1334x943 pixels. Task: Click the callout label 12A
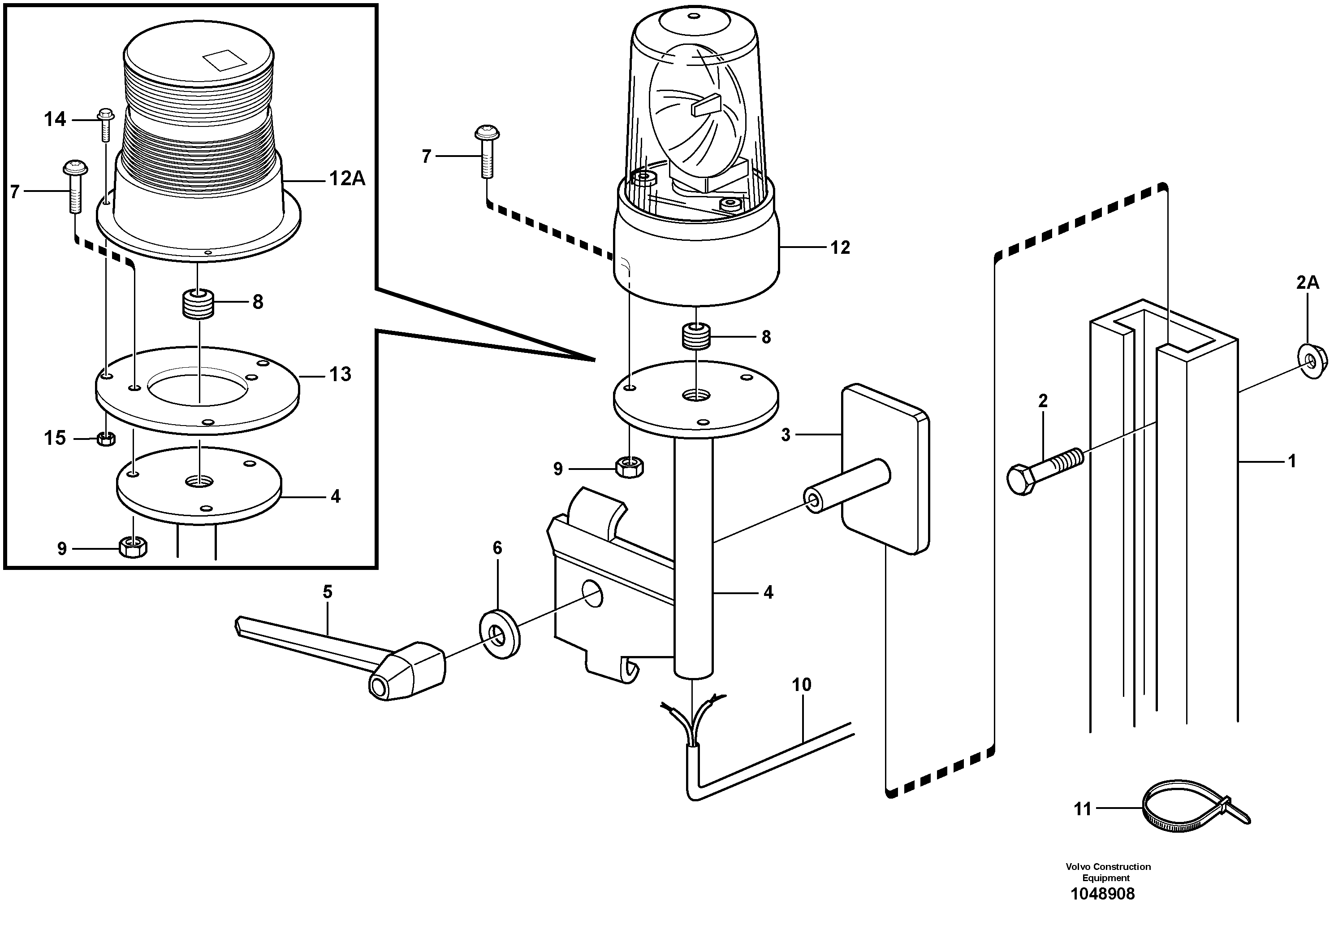(347, 179)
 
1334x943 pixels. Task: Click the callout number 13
(340, 374)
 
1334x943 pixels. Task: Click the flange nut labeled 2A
(1311, 363)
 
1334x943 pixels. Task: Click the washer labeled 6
(499, 634)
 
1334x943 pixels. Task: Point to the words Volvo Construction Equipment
(1107, 872)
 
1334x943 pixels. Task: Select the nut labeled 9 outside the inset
(629, 467)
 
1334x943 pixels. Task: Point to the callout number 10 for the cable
(801, 685)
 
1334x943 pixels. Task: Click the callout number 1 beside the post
(1291, 461)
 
